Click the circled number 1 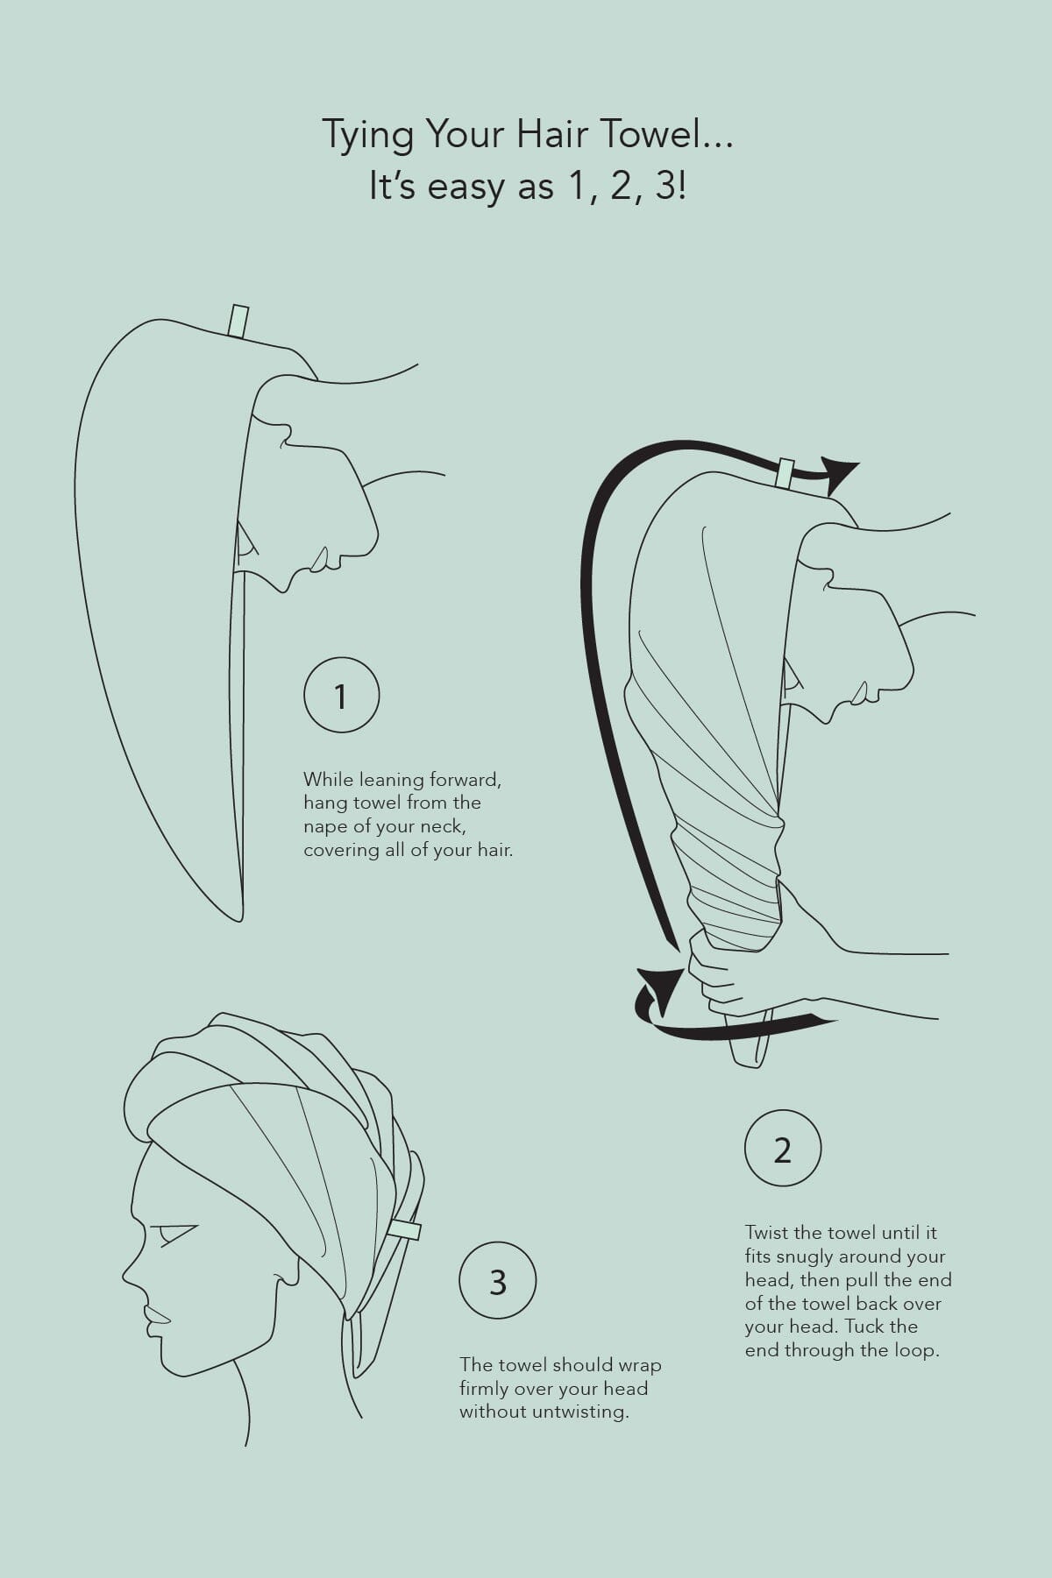pyautogui.click(x=341, y=696)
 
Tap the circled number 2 pyautogui.click(x=782, y=1149)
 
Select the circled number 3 pyautogui.click(x=498, y=1281)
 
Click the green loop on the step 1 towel pyautogui.click(x=238, y=321)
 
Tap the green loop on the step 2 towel pyautogui.click(x=785, y=474)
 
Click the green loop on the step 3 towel pyautogui.click(x=405, y=1228)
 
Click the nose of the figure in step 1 pyautogui.click(x=370, y=536)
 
